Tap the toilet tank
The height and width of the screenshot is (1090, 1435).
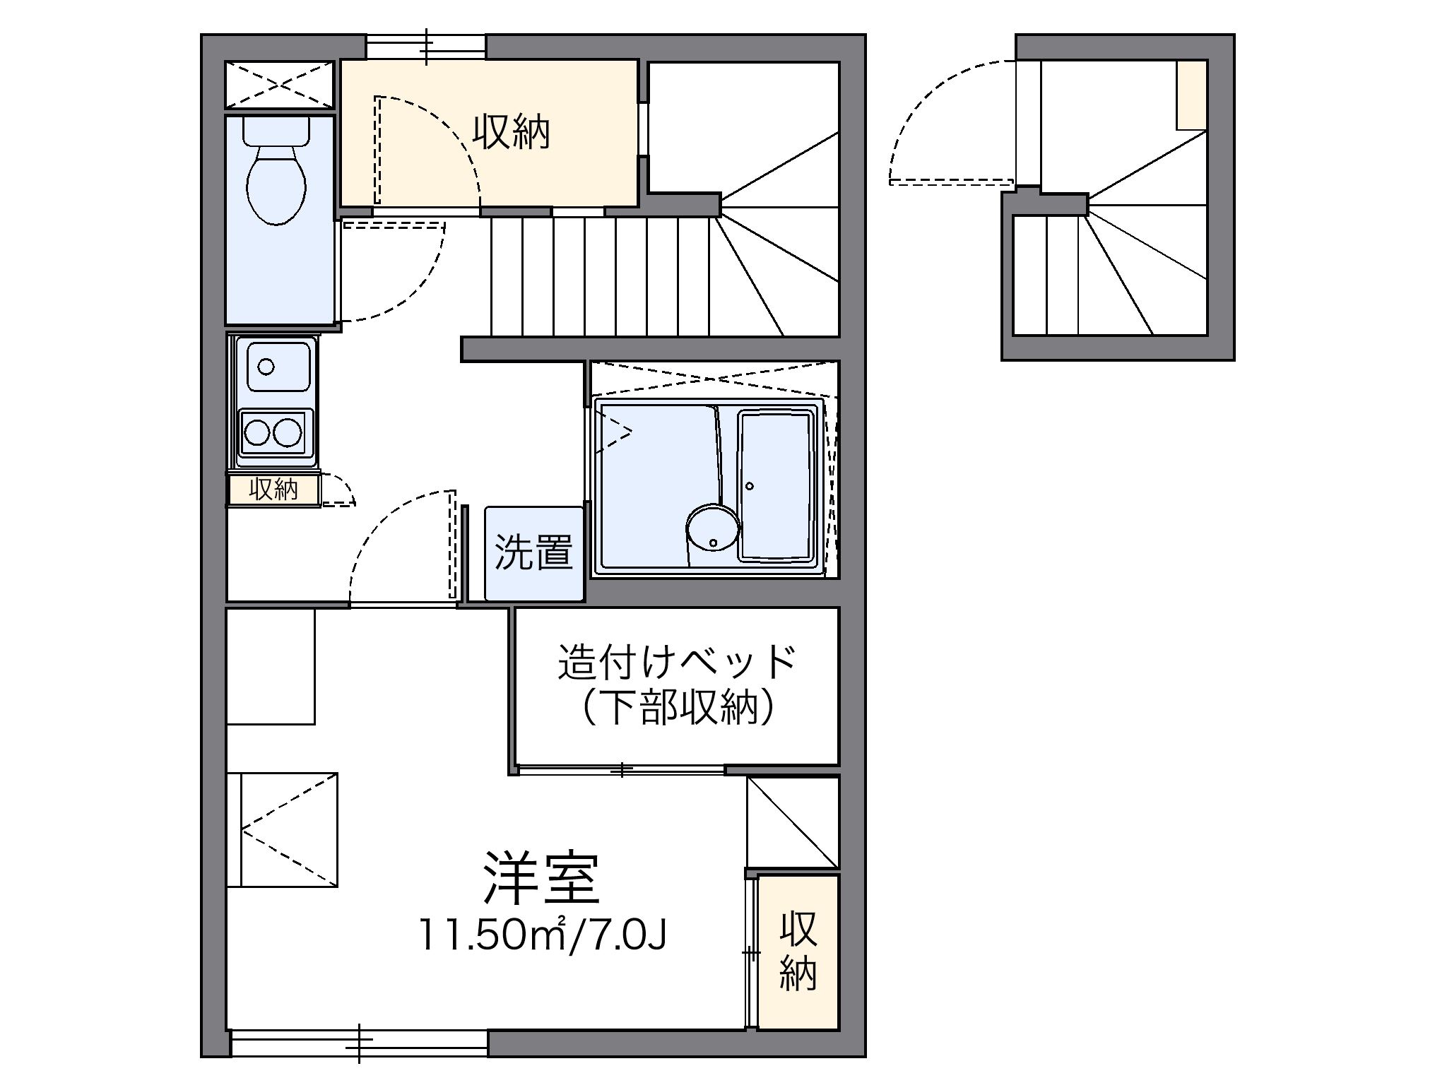[276, 131]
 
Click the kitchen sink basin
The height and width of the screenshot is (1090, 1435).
[278, 367]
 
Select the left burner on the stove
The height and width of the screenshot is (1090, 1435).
[256, 432]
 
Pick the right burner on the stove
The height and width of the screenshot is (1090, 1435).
[288, 432]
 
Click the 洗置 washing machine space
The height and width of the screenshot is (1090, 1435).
[534, 552]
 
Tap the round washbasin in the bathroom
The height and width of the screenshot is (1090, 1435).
[712, 526]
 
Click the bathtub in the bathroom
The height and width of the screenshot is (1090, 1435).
[776, 486]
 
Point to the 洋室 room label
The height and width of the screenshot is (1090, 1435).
[541, 879]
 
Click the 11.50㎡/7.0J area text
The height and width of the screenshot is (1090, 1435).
[541, 935]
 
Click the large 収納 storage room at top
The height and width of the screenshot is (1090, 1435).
[510, 133]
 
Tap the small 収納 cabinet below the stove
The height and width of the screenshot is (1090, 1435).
[273, 490]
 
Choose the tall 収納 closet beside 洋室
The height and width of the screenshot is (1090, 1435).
[798, 951]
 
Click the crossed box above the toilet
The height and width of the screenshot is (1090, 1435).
[278, 85]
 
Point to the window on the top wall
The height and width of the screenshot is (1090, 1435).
[426, 47]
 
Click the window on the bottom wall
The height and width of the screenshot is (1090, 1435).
[359, 1043]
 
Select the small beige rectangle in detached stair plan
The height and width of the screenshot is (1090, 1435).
[1191, 95]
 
